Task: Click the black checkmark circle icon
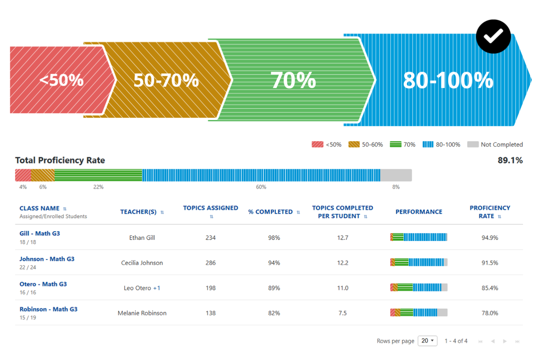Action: (x=493, y=36)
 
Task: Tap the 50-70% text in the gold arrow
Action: (x=166, y=80)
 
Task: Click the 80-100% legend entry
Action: (x=441, y=145)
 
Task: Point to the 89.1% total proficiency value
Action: (x=510, y=160)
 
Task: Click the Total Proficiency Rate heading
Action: (x=60, y=160)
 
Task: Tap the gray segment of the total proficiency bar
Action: (x=396, y=175)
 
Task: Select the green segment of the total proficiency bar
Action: (x=98, y=175)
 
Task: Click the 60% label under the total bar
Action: (x=261, y=187)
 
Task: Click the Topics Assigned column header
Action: (x=210, y=208)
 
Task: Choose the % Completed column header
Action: (x=270, y=212)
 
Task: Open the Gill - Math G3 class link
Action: (x=40, y=234)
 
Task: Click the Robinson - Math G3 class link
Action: (x=48, y=309)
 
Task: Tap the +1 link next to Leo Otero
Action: (x=157, y=288)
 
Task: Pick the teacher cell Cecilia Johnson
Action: (x=142, y=263)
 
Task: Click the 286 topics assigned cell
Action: (x=210, y=263)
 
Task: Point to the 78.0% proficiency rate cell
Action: (x=490, y=313)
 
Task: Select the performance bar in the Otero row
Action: (x=418, y=287)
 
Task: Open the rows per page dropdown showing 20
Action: (x=427, y=341)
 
